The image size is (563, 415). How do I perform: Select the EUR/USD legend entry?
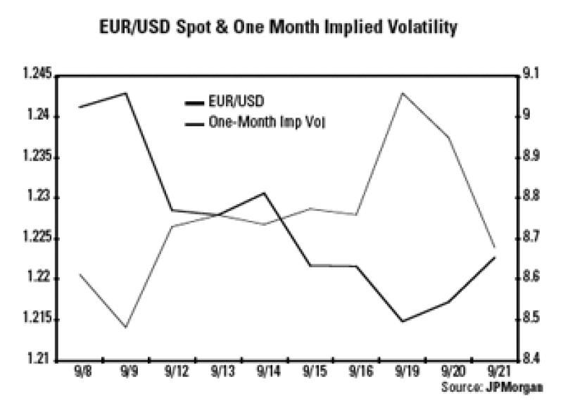coord(233,102)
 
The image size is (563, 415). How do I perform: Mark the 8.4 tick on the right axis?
coord(529,360)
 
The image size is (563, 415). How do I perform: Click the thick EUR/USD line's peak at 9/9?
coord(127,93)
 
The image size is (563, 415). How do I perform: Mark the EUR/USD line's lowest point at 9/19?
coord(402,321)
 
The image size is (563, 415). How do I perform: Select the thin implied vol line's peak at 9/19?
coord(402,92)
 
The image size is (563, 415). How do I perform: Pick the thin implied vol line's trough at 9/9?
coord(127,327)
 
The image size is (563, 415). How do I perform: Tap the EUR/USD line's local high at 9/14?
coord(264,193)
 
